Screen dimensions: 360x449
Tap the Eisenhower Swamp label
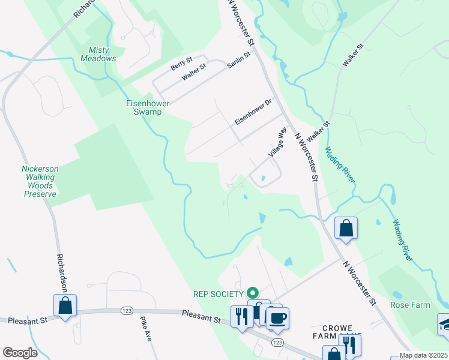tap(143, 107)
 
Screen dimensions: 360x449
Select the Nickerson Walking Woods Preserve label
tap(39, 181)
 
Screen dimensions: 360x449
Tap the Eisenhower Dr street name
tap(253, 112)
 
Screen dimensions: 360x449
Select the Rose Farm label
tap(410, 305)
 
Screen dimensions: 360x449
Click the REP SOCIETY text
tap(217, 293)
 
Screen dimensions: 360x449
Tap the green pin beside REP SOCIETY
tap(253, 293)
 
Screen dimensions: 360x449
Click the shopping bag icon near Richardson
tap(65, 305)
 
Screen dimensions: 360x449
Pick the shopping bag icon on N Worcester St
tap(346, 228)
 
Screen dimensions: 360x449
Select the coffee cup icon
tap(277, 318)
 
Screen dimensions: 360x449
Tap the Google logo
tap(20, 353)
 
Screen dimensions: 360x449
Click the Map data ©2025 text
tap(423, 355)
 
